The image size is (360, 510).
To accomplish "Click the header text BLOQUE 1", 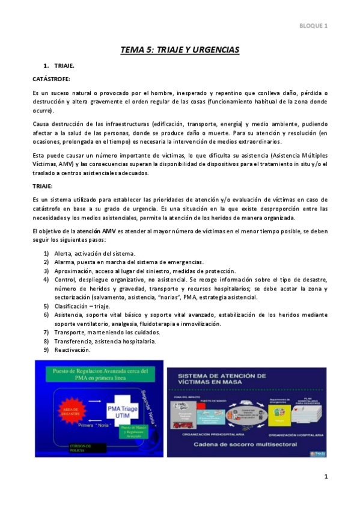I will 313,26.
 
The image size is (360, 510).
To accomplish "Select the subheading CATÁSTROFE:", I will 51,79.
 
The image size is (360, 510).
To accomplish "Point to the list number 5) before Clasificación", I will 46,306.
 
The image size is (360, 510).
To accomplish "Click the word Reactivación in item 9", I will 72,350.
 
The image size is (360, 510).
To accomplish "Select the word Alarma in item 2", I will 65,262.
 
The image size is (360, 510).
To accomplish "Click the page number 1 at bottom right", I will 326,477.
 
